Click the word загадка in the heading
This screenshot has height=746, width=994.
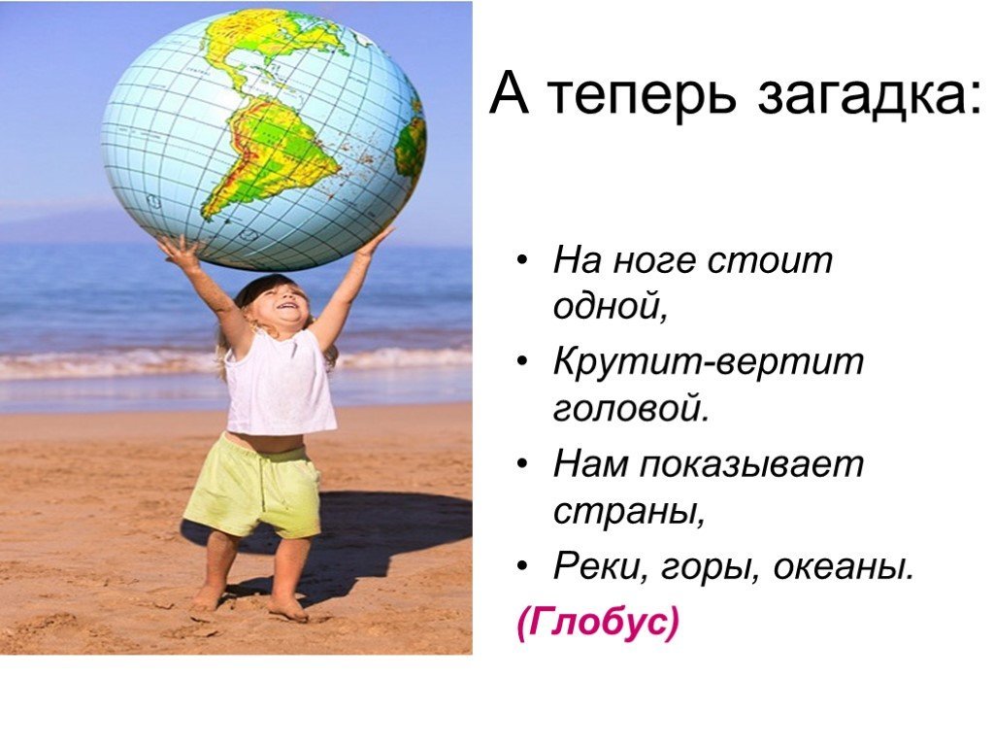pos(869,95)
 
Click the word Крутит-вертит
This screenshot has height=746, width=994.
pos(708,362)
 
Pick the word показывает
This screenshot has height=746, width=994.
pos(751,465)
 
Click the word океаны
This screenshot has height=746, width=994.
pos(845,567)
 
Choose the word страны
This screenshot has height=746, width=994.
pos(629,512)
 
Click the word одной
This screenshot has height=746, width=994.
pos(612,307)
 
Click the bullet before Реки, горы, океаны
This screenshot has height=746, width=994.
pos(521,565)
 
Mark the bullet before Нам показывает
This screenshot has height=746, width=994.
pos(521,463)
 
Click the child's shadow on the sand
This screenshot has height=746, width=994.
pos(374,539)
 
